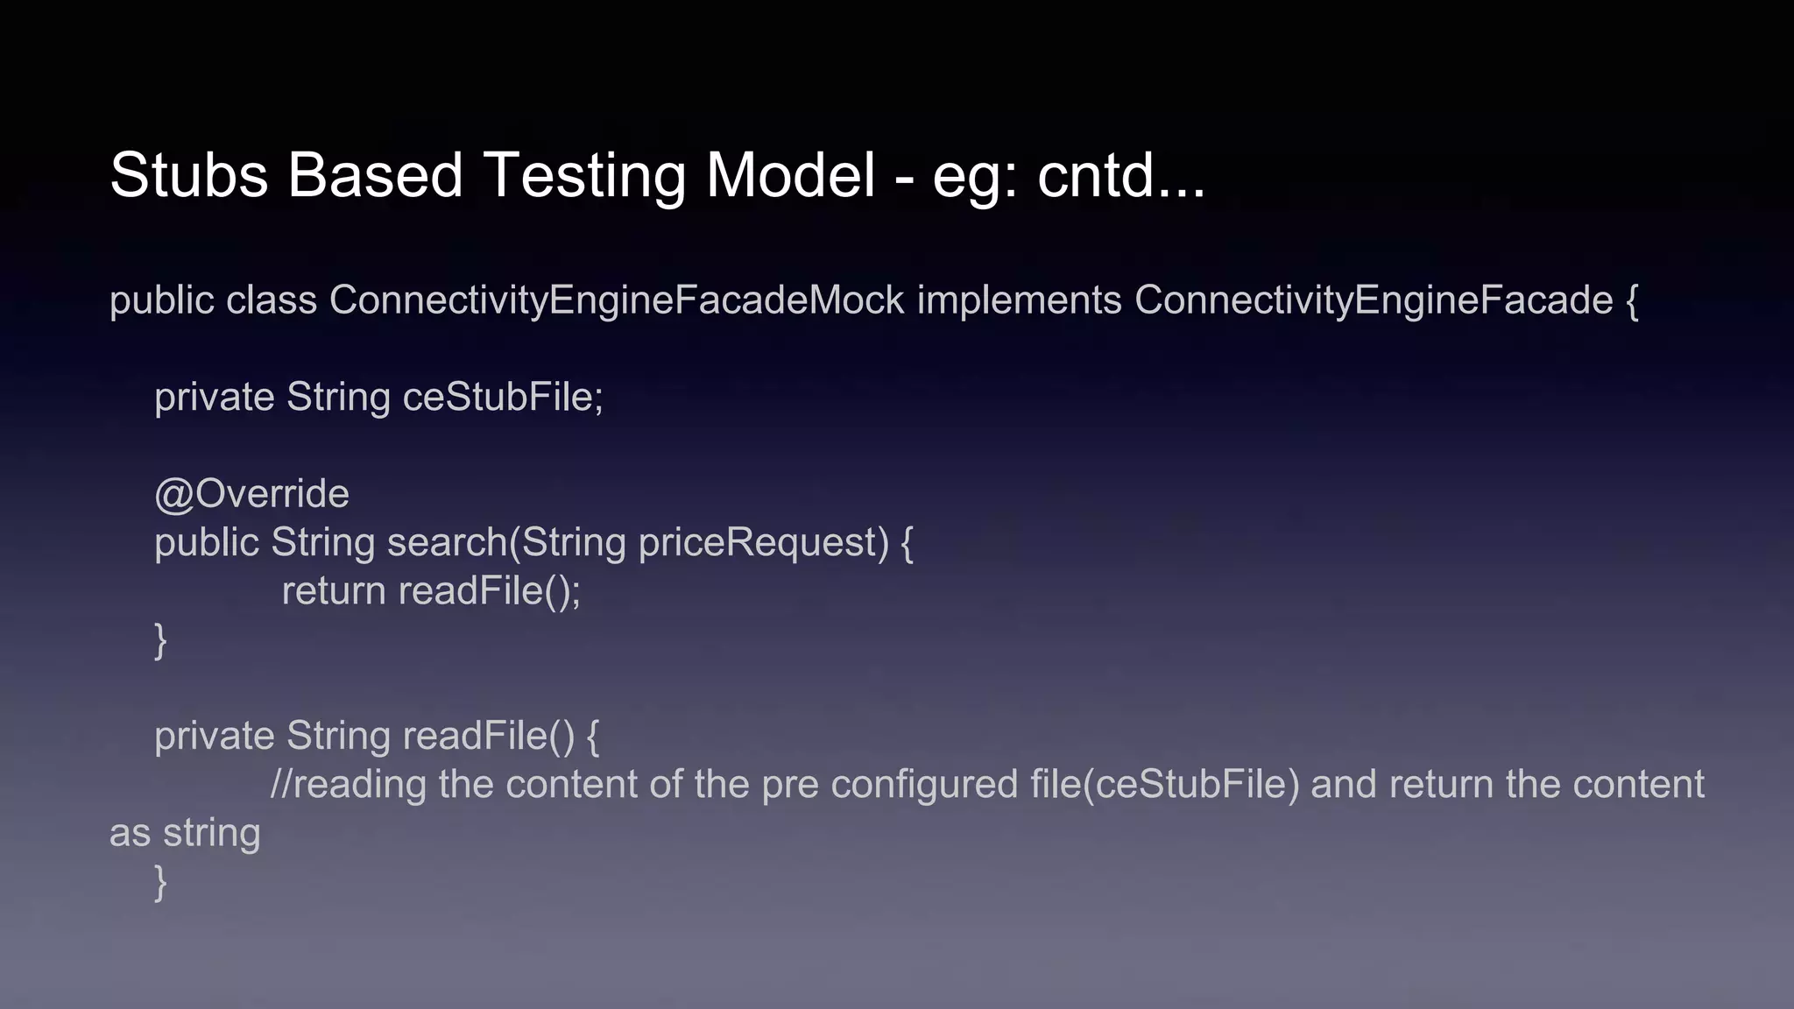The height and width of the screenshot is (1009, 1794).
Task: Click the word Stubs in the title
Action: (188, 175)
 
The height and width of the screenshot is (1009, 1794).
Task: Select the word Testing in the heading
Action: (583, 175)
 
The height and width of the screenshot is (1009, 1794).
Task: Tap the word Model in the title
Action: (790, 175)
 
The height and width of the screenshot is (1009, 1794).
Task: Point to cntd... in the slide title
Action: (1121, 175)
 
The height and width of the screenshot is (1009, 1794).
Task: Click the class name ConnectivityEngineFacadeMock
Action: (617, 300)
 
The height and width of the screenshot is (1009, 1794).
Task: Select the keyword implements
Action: (1019, 300)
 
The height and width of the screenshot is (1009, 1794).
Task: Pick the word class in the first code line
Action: (272, 300)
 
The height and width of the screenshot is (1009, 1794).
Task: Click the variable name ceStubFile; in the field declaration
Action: (503, 398)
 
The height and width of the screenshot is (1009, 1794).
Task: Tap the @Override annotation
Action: (251, 494)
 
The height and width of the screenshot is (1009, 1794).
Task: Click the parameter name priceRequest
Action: (764, 543)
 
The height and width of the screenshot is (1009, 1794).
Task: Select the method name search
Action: (447, 543)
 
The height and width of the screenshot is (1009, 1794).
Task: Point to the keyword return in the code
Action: (334, 591)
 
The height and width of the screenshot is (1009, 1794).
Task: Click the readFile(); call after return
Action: (490, 591)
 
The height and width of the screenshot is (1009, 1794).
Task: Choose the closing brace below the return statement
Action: (160, 640)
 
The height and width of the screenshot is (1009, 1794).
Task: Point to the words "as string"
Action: (185, 833)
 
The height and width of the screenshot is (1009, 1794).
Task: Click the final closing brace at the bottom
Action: (160, 882)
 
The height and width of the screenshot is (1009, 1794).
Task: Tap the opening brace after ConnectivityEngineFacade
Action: (1632, 301)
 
